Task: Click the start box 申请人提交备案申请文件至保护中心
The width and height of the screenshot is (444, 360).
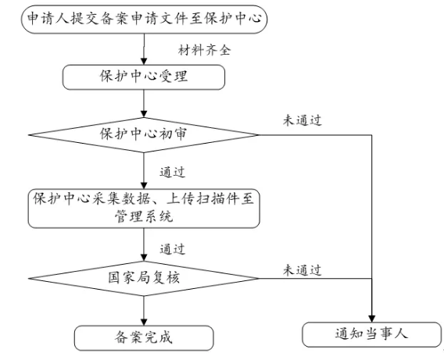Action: (x=144, y=20)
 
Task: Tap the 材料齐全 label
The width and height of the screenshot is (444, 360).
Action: (x=204, y=50)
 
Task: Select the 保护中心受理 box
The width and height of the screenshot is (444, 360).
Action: (x=144, y=77)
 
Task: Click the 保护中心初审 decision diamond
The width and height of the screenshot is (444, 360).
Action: (x=144, y=135)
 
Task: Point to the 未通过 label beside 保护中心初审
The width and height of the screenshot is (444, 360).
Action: (x=302, y=120)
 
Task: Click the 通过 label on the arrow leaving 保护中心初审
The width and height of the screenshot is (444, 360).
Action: (x=172, y=173)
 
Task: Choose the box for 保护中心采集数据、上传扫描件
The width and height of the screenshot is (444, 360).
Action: (x=144, y=209)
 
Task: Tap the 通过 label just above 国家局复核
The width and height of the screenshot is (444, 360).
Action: (x=172, y=249)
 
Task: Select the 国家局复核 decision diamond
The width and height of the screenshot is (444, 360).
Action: (x=144, y=279)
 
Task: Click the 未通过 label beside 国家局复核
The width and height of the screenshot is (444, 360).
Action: (x=302, y=270)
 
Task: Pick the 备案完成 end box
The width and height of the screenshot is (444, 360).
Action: (x=144, y=338)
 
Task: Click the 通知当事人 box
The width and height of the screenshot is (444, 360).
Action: (x=372, y=334)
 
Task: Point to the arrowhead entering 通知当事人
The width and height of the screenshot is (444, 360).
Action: (x=371, y=319)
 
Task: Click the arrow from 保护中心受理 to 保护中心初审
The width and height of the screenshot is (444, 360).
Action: (x=144, y=104)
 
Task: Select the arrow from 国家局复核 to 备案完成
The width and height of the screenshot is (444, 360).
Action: (x=144, y=311)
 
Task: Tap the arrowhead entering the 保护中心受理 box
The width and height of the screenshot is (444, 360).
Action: (x=144, y=62)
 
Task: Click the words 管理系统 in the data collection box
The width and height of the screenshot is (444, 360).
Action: (x=144, y=217)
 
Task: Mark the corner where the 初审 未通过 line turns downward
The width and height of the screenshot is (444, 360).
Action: (x=371, y=135)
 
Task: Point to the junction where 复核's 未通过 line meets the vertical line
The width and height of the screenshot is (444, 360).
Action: (x=371, y=279)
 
